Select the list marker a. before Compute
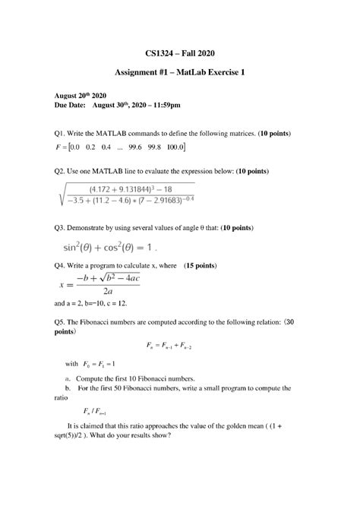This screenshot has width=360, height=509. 69,378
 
